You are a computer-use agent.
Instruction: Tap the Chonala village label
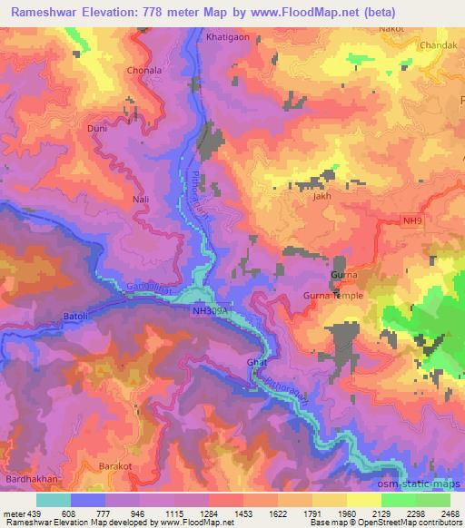145,70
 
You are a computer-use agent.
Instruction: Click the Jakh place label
319,195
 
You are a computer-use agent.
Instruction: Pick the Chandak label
435,44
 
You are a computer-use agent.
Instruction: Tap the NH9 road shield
414,220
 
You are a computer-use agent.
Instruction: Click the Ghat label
255,363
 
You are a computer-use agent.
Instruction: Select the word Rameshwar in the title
47,9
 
